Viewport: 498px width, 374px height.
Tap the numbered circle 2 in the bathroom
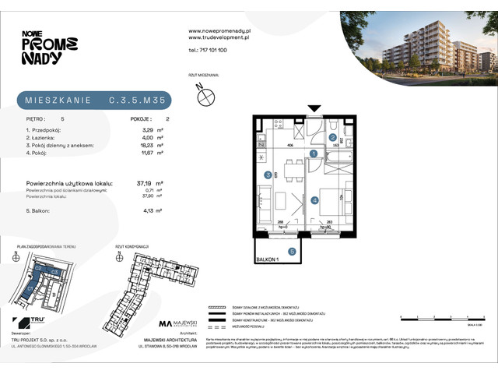[x=332, y=137]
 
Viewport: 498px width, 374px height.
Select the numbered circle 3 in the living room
[x=267, y=175]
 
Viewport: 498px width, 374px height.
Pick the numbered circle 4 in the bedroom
[x=315, y=200]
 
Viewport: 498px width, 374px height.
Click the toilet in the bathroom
[x=332, y=125]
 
